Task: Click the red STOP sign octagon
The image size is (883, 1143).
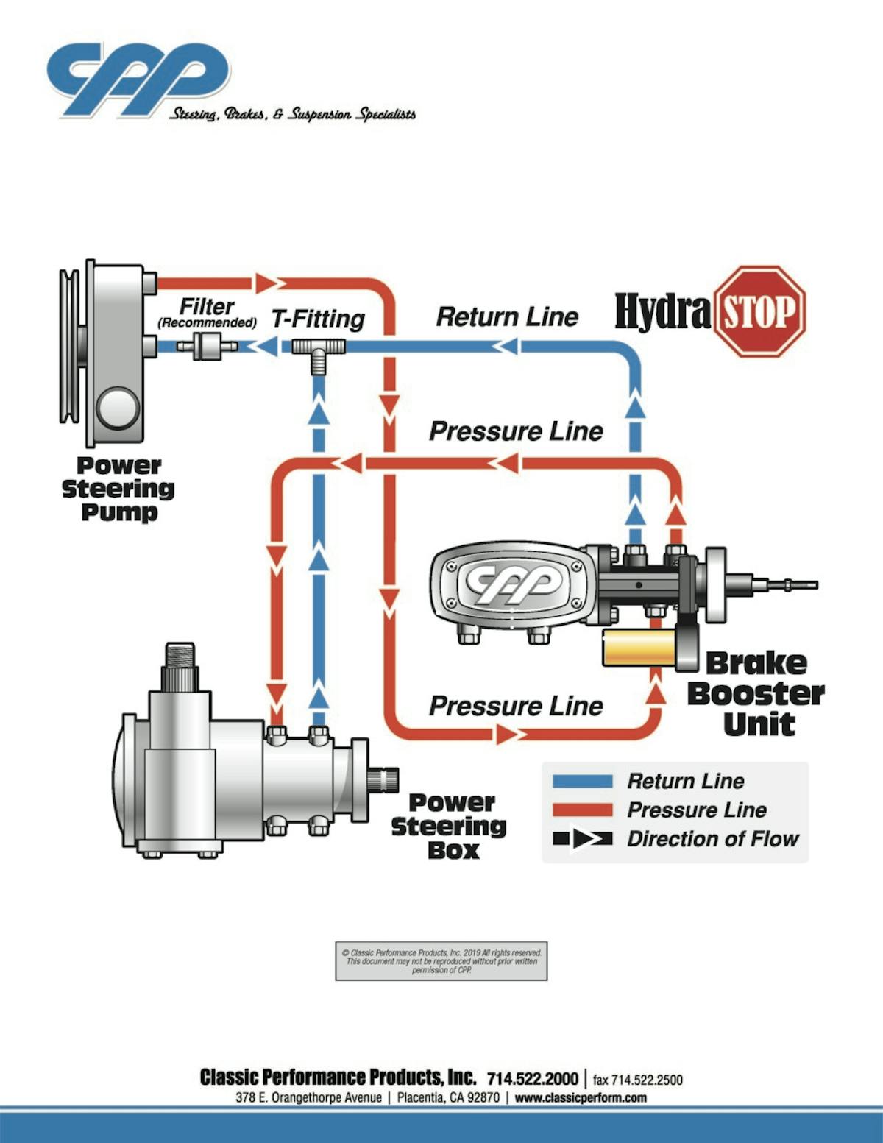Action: pos(761,312)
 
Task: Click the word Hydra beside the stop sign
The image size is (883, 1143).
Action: pos(662,311)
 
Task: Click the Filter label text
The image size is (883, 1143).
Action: pos(207,306)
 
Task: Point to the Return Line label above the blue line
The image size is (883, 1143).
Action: pos(507,317)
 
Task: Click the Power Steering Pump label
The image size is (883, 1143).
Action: pos(118,489)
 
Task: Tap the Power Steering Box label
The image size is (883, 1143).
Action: pos(448,826)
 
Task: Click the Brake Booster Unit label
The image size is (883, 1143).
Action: pos(756,693)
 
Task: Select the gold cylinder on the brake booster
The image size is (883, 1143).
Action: pos(639,648)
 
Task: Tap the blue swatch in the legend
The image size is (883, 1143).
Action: pos(582,782)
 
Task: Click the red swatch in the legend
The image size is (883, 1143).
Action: pos(582,810)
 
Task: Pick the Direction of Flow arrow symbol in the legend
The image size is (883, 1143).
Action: pos(582,839)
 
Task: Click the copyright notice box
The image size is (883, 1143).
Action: pos(441,961)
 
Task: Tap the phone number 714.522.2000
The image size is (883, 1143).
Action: pos(532,1079)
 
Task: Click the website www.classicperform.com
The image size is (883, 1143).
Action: pos(581,1097)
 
